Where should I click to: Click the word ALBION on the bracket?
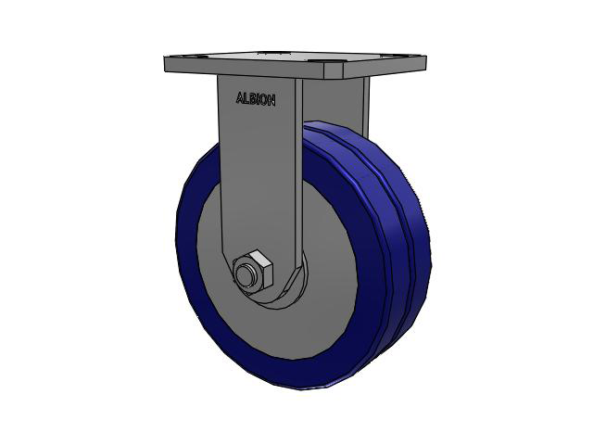256,99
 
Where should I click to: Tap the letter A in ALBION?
239,97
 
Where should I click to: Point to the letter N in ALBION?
271,101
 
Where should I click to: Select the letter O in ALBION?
264,100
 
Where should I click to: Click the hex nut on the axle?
253,272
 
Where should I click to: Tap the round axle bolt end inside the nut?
245,275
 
